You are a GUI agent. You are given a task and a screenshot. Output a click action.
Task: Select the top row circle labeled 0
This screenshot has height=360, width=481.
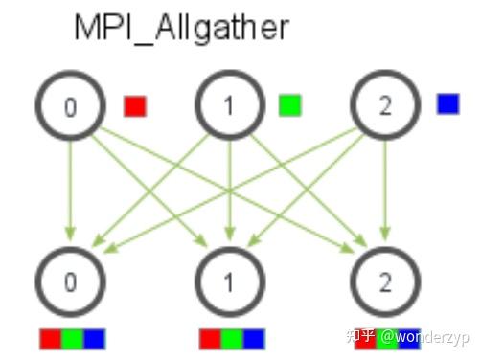tap(69, 105)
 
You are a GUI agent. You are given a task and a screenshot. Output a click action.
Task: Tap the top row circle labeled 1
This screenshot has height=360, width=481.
tap(228, 105)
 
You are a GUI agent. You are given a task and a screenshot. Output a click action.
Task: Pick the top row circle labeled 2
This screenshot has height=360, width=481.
tap(385, 105)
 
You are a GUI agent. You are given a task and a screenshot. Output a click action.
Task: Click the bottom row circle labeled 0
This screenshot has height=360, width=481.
tap(69, 283)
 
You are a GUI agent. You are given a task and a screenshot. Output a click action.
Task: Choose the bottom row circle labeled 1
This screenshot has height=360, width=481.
tap(228, 283)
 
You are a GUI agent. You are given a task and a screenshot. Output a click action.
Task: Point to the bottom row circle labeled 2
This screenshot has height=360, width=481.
tap(385, 283)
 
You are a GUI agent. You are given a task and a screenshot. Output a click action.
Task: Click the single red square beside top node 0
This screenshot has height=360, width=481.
tap(135, 105)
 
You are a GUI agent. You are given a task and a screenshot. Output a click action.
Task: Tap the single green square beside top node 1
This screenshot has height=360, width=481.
tap(288, 104)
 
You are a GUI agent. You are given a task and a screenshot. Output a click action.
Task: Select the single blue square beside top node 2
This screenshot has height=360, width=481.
tap(447, 103)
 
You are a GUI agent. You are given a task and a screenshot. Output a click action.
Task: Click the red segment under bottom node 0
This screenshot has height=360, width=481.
tap(50, 338)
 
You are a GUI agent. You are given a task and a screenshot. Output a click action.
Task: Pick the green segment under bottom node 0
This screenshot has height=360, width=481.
tap(72, 338)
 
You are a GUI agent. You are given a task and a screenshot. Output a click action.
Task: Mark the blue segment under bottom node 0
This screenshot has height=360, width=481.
tap(94, 338)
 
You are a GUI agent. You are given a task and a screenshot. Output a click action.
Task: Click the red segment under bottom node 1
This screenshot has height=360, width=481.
tap(209, 338)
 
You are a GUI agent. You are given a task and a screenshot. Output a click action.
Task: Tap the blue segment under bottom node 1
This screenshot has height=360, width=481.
tap(253, 338)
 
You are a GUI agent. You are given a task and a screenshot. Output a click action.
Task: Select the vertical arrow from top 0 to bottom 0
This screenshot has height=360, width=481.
tap(69, 191)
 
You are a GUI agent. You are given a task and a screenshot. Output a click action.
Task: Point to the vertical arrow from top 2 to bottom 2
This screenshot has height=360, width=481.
tap(385, 191)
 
